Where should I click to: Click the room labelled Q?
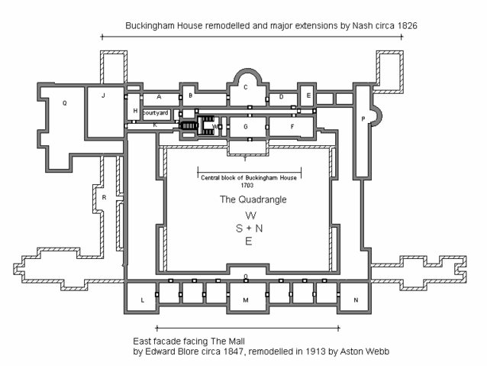[65, 102]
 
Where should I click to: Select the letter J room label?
[102, 96]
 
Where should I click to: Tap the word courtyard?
[155, 112]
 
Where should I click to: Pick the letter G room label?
[246, 126]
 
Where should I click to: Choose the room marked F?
[292, 126]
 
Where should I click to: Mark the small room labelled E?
[308, 96]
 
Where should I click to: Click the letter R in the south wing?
[103, 198]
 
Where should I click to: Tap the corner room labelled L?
[143, 301]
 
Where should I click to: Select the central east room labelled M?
[246, 301]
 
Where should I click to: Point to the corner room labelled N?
[355, 301]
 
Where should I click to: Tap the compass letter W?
[246, 216]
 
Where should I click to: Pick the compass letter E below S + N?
[246, 241]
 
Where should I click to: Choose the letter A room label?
[159, 97]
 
